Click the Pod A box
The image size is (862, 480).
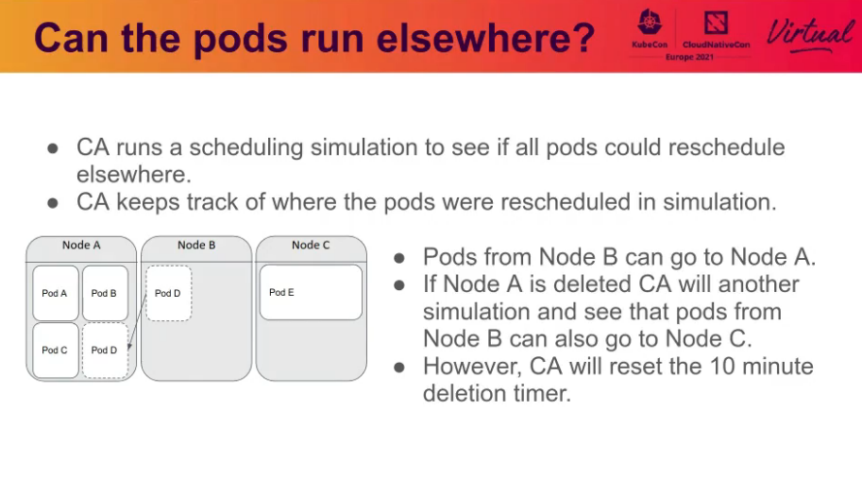[56, 293]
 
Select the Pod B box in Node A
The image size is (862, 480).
[105, 293]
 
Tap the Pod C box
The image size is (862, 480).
[56, 351]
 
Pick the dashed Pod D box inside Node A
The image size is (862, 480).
[105, 351]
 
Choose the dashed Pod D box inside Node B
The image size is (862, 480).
[169, 293]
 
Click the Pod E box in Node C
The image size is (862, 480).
[311, 292]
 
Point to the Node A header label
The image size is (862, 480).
[81, 245]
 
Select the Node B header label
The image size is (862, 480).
[196, 245]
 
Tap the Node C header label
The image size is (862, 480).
[311, 245]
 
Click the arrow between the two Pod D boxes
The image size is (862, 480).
[138, 322]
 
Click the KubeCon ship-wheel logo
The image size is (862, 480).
[650, 23]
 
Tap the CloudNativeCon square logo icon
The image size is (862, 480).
[716, 23]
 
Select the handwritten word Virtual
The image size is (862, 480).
[810, 35]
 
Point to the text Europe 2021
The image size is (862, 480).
[689, 57]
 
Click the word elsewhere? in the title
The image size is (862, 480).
[486, 38]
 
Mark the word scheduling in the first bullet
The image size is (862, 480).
[246, 148]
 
